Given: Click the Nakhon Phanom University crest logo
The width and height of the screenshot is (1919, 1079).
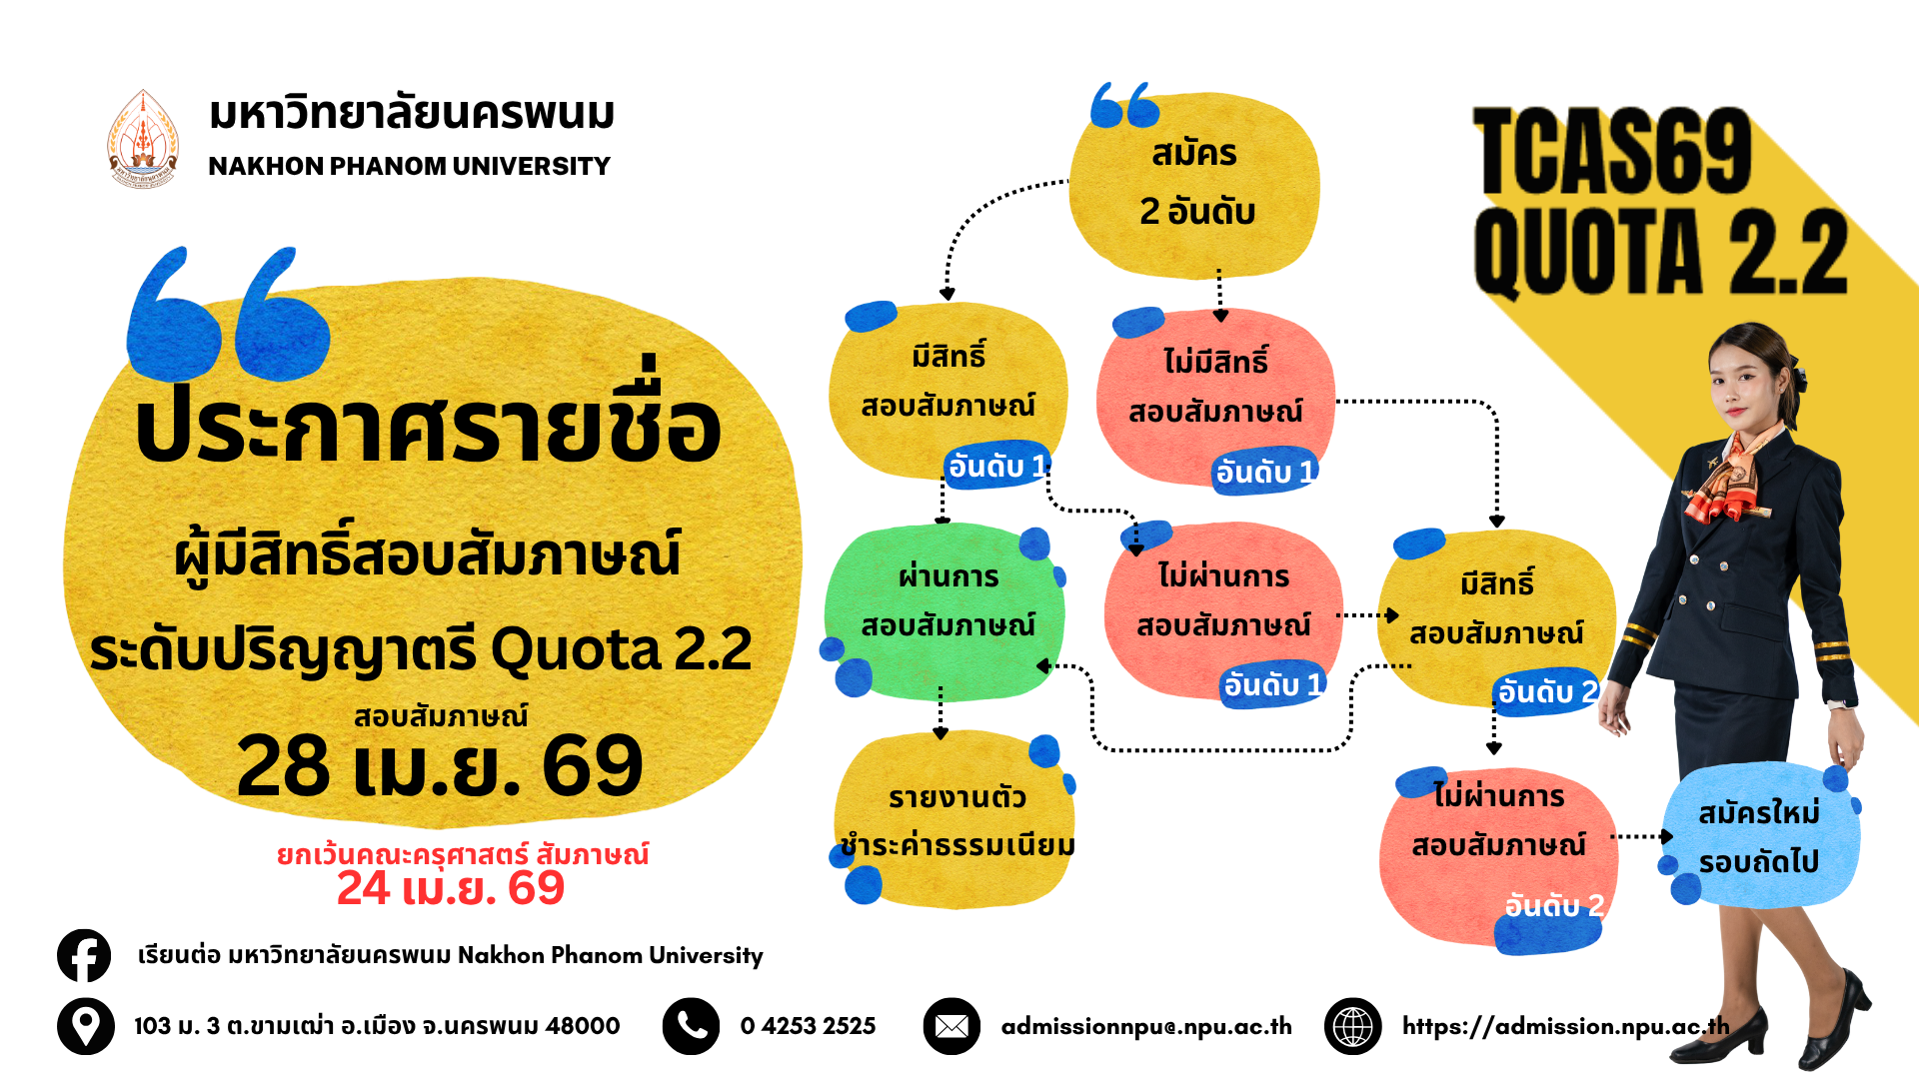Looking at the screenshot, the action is (143, 139).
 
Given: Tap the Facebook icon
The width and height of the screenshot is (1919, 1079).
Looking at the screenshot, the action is (84, 956).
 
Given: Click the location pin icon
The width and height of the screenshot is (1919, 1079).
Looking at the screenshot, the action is (85, 1026).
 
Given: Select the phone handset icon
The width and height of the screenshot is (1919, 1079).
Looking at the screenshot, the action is (691, 1026).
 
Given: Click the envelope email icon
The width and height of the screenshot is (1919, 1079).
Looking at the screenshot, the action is (952, 1026).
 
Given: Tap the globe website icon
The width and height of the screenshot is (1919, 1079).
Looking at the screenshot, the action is (1353, 1026).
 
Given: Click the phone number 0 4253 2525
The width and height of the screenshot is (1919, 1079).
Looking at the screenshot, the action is (808, 1026).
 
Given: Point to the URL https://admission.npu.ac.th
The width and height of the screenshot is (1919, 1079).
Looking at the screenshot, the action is (1565, 1026).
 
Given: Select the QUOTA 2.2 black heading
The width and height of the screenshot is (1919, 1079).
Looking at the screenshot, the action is (1660, 251).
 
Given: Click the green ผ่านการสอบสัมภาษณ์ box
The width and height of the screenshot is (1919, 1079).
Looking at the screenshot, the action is (945, 609).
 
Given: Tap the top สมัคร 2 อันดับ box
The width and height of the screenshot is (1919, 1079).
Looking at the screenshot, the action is (1195, 185).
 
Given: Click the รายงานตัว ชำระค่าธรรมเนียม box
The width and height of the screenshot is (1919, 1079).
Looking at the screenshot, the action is (955, 820).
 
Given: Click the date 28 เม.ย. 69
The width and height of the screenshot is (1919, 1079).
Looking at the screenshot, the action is (440, 766).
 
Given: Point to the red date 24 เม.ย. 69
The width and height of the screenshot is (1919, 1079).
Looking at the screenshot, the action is (451, 888).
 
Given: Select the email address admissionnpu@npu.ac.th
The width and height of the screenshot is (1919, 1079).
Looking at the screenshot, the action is (1146, 1026).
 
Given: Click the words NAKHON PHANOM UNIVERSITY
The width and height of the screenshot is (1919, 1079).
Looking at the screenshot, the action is (409, 166).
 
